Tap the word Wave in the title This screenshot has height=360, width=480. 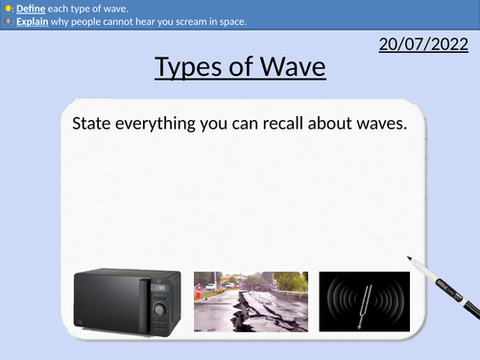[291, 69]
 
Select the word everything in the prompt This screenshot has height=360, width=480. [166, 125]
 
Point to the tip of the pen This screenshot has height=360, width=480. [409, 260]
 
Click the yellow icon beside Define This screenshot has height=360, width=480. [8, 7]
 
